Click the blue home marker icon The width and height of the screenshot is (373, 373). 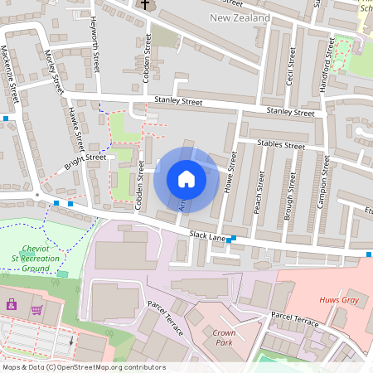186,180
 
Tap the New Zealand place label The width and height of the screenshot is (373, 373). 240,17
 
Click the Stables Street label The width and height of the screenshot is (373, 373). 281,144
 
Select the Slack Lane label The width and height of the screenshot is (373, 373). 208,237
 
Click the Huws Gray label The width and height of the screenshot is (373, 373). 338,300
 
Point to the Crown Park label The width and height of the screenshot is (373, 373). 222,336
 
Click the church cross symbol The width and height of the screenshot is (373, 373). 145,5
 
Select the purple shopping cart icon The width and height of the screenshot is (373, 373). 36,310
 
